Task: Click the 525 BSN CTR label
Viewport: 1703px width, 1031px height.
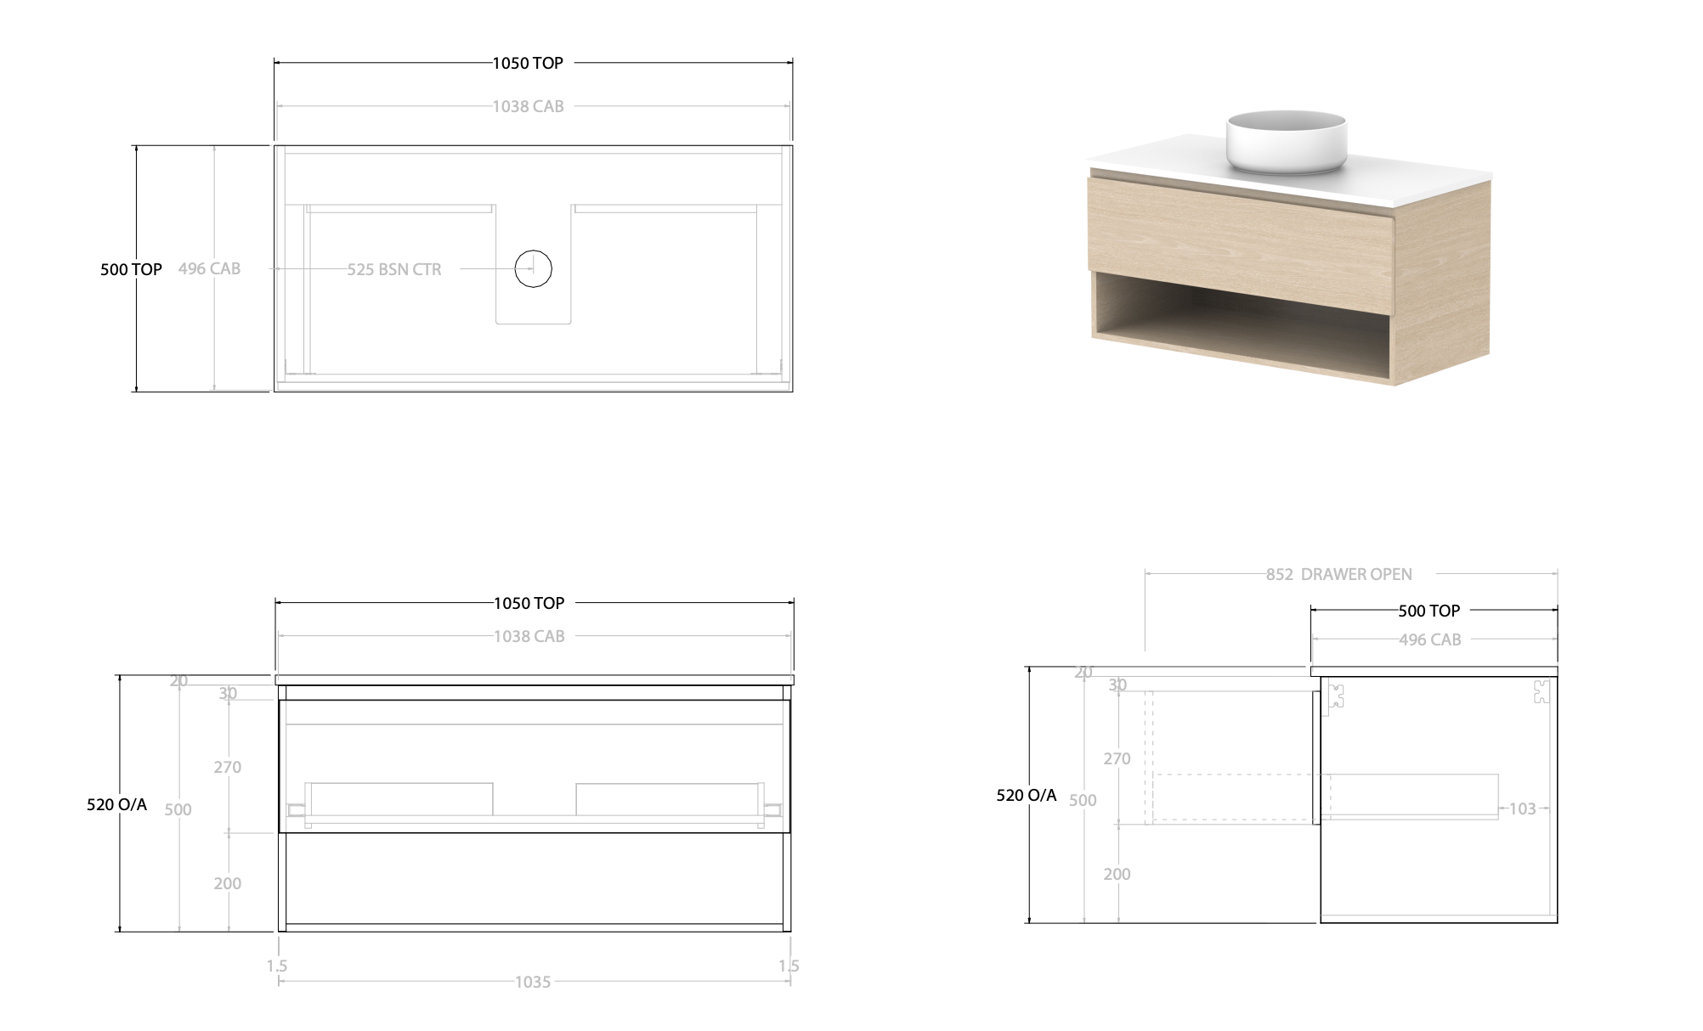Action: tap(394, 269)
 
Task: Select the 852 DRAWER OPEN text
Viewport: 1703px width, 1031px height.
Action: tap(1338, 574)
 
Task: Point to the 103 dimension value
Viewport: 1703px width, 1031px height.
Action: tap(1522, 808)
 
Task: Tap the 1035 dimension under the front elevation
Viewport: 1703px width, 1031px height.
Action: tap(533, 982)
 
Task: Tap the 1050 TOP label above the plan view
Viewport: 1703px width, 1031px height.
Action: tap(528, 63)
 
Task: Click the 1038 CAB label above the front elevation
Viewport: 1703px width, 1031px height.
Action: tap(529, 636)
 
